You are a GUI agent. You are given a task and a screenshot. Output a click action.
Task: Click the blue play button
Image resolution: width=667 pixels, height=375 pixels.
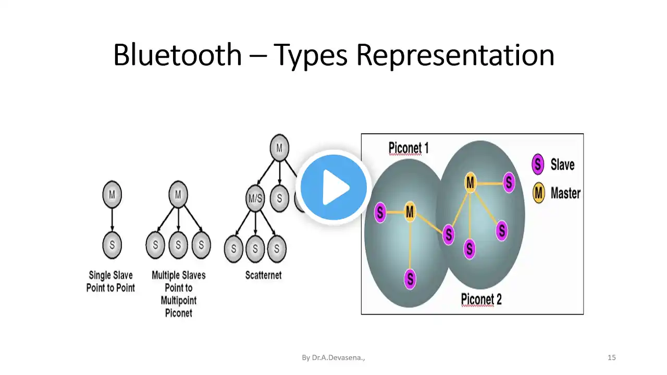tap(333, 187)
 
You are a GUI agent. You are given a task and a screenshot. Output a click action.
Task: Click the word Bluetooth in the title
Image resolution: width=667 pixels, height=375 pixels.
tap(178, 55)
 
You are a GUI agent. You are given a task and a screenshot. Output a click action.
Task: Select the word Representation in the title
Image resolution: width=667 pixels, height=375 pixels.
tap(455, 55)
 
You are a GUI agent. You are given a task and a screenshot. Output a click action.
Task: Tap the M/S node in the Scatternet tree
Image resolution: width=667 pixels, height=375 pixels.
tap(255, 198)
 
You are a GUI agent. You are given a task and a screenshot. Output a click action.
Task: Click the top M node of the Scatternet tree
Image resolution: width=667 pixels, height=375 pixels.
tap(279, 147)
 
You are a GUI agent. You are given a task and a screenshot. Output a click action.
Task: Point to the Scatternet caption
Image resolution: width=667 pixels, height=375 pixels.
tap(263, 276)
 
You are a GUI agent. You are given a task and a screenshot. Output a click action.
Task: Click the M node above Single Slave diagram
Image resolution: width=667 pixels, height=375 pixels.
tap(112, 195)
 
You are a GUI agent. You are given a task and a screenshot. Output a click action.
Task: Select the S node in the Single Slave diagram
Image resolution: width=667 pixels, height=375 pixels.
tap(112, 245)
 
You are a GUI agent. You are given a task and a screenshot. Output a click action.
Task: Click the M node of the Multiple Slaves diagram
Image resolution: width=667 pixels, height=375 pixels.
tap(178, 195)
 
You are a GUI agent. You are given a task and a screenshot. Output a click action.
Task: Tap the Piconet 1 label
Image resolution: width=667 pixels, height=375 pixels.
tap(409, 148)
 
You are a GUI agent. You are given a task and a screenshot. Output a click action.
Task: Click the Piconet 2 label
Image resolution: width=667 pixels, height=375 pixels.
tap(481, 299)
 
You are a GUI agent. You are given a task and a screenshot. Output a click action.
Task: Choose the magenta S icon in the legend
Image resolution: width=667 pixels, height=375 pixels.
tap(538, 164)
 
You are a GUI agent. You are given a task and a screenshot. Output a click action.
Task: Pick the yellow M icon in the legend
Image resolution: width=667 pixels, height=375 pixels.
tap(538, 193)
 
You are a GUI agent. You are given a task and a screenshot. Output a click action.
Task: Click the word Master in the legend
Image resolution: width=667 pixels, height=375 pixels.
tap(565, 193)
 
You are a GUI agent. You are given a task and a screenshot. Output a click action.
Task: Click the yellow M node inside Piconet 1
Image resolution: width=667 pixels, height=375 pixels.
tap(410, 212)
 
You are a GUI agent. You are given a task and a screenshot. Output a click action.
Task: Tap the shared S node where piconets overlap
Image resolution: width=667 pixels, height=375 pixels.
tap(449, 235)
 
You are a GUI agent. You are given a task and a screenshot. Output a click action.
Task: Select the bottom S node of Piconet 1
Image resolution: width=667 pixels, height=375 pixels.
tap(410, 279)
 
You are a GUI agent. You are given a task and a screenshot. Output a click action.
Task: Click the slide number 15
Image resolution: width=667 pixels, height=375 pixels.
tap(612, 357)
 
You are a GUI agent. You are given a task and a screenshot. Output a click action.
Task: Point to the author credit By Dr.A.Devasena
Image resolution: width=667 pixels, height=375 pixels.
tap(333, 358)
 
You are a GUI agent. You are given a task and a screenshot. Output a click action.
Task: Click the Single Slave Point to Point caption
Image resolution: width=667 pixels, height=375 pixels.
tap(110, 282)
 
